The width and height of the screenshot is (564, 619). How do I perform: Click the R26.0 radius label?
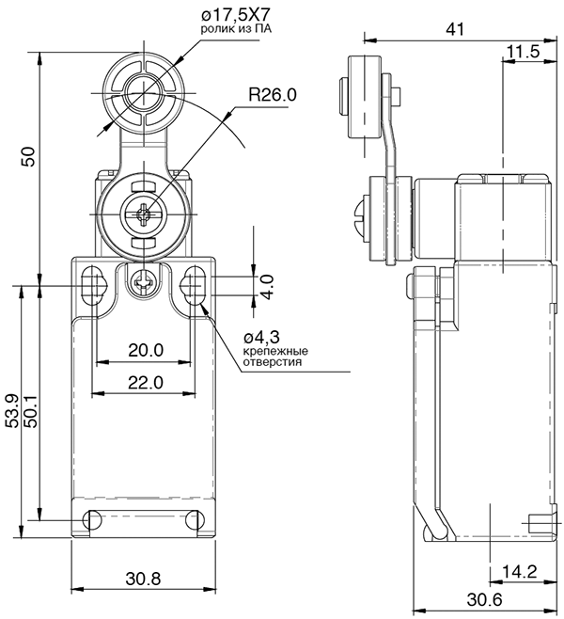tap(273, 95)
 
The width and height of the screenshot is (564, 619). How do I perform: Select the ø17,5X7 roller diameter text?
tap(235, 15)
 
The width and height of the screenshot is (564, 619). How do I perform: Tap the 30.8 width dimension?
tap(143, 579)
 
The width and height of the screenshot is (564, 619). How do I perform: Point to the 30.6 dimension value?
tap(485, 599)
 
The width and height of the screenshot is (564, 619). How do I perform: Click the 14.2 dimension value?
tap(520, 571)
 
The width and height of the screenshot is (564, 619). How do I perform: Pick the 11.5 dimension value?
tap(523, 52)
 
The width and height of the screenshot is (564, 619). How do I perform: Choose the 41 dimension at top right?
tap(455, 29)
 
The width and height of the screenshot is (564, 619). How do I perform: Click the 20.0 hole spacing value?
tap(146, 350)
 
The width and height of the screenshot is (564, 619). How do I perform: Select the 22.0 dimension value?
tap(146, 382)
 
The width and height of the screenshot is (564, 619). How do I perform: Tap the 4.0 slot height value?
tap(267, 288)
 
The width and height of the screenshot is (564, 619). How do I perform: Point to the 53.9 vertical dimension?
tap(13, 410)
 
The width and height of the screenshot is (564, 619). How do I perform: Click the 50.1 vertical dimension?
tap(32, 410)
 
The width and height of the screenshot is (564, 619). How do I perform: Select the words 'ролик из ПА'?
tap(236, 29)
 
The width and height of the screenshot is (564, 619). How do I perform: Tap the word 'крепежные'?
tap(275, 351)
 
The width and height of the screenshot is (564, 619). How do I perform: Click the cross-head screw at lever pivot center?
tap(142, 214)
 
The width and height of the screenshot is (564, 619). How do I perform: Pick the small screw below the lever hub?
tap(143, 283)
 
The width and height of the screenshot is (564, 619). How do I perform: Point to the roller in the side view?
tap(365, 97)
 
